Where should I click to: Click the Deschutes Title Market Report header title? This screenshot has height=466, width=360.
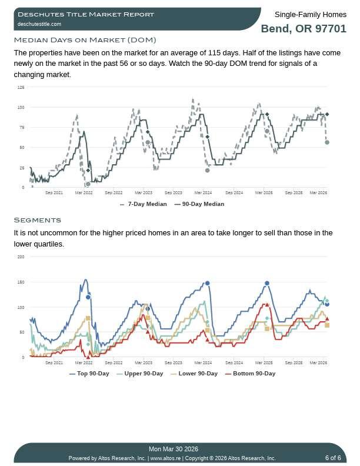[86, 14]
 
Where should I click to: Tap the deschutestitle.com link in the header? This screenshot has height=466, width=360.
[39, 24]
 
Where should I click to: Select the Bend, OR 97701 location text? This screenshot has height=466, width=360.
[304, 28]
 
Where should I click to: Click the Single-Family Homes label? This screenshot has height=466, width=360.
[311, 14]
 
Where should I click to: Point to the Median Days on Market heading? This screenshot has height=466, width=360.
[85, 40]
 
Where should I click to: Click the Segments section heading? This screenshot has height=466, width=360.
[37, 220]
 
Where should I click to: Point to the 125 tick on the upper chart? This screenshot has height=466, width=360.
[21, 87]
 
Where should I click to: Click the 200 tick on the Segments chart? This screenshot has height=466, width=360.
[21, 257]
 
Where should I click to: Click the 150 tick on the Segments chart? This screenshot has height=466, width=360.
[21, 282]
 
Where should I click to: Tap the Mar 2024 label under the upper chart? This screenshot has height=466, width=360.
[203, 192]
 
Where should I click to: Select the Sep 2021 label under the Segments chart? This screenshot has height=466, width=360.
[54, 362]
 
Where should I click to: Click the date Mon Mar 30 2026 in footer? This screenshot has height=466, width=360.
[174, 449]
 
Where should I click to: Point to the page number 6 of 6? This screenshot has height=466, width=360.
[333, 458]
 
